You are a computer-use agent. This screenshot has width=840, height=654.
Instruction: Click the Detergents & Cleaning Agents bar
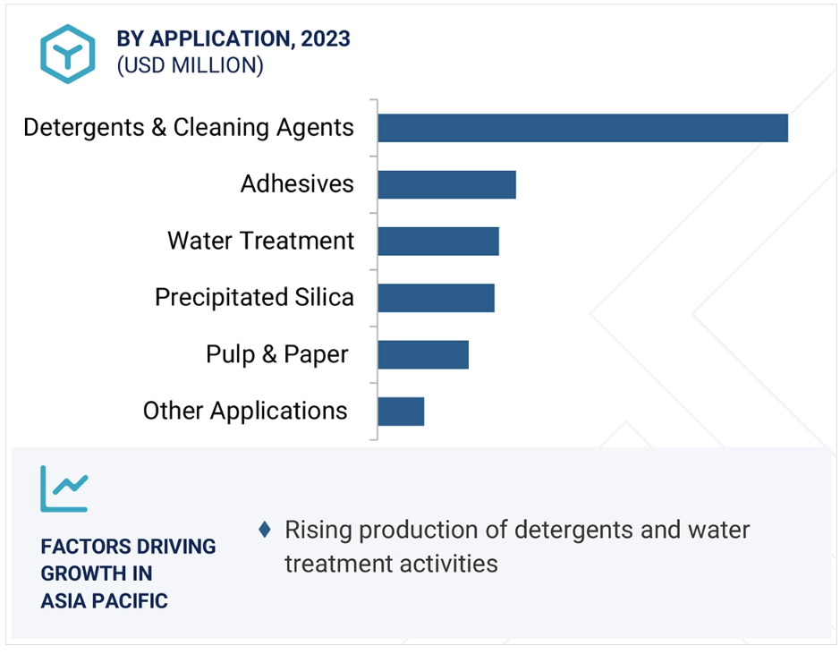pos(583,128)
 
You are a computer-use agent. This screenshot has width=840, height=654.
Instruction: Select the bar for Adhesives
pos(446,185)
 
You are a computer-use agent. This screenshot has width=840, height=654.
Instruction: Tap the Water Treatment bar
pos(438,242)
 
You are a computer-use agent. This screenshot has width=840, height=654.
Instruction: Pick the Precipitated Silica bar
pos(436,298)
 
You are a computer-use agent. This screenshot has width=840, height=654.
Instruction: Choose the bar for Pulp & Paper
pos(423,354)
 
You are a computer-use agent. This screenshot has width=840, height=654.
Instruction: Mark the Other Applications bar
pos(401,412)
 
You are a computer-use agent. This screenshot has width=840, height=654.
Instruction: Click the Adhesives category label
pos(297,183)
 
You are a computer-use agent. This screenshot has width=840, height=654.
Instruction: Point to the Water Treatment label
pos(261,241)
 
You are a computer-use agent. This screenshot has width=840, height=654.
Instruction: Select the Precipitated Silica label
pos(254,298)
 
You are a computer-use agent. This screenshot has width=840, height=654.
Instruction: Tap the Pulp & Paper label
pos(277,354)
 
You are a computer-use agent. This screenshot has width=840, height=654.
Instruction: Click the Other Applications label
pos(245,412)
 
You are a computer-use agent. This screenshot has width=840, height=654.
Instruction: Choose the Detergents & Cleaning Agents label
pos(189,128)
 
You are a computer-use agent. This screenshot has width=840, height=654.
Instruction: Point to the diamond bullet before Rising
pos(265,530)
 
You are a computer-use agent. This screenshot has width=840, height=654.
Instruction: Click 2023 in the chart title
pos(326,39)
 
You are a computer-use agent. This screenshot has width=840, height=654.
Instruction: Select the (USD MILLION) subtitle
pos(191,65)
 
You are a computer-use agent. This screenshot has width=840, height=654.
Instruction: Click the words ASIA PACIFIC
pos(105,601)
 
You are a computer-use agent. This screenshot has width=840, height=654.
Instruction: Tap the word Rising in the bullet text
pos(318,531)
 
